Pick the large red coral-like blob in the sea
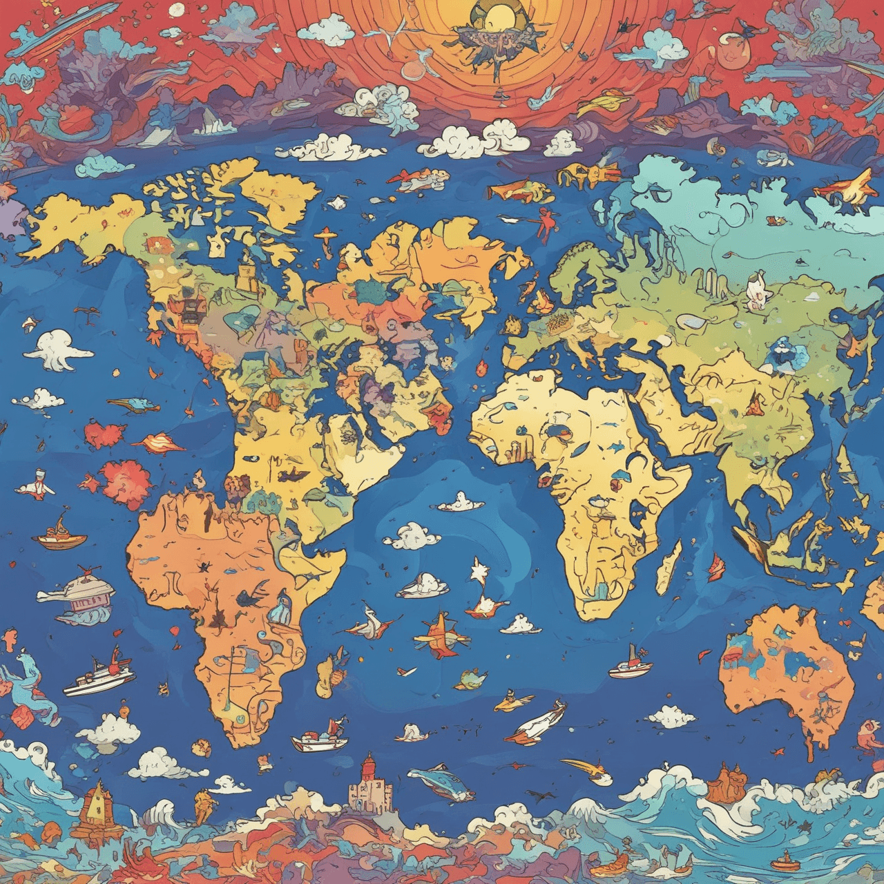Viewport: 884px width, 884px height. pos(126,483)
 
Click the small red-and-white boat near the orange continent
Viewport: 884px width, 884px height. pos(630,666)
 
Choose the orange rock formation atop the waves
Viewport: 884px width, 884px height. pos(725,783)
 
